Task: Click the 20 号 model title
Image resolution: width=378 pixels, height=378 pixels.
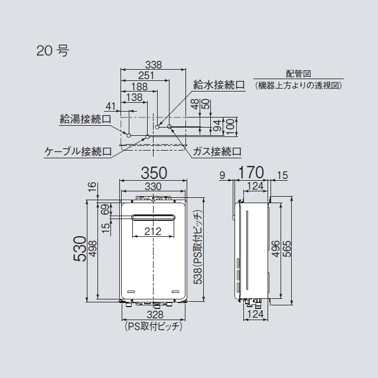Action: [x=53, y=51]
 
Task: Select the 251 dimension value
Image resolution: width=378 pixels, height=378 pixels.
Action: [x=146, y=76]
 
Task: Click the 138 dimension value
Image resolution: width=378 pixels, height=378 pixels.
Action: [x=134, y=97]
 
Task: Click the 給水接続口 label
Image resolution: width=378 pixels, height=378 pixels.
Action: [x=219, y=86]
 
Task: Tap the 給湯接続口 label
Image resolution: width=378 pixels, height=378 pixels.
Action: [x=86, y=119]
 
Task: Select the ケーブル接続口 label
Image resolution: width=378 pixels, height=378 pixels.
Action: [x=79, y=151]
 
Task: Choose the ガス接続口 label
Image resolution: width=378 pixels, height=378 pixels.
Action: [x=217, y=151]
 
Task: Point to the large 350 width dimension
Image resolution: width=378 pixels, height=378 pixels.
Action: [x=153, y=173]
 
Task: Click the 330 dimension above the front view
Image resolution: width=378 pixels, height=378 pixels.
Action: [x=153, y=186]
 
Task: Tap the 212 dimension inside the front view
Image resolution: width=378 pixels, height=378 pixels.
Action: [x=153, y=232]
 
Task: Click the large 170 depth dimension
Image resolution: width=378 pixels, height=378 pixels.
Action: [x=250, y=173]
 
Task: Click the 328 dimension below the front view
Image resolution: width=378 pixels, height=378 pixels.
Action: [x=153, y=315]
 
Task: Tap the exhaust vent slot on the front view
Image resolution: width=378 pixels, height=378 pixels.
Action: [x=153, y=217]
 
